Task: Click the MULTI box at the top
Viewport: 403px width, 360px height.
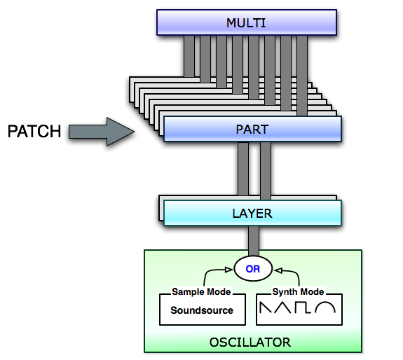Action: click(x=247, y=22)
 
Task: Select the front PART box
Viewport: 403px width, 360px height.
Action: click(x=252, y=129)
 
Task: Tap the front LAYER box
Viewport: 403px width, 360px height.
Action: click(x=252, y=213)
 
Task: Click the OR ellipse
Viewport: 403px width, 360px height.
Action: click(x=253, y=269)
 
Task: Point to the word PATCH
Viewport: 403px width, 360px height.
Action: click(x=34, y=131)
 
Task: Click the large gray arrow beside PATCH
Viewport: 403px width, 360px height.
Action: click(x=101, y=132)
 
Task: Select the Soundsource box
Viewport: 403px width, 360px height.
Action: click(x=203, y=310)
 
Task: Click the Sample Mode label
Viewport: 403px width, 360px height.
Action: click(x=201, y=291)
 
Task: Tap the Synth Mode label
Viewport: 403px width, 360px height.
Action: click(x=298, y=291)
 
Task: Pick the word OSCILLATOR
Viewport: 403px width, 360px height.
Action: click(x=250, y=342)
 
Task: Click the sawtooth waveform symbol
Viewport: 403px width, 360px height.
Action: click(x=266, y=307)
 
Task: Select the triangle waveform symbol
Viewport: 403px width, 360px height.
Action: click(x=282, y=307)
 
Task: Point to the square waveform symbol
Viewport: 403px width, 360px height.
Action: click(x=303, y=307)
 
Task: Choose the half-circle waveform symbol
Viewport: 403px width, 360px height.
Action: click(x=325, y=303)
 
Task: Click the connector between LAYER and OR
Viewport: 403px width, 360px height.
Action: click(x=254, y=241)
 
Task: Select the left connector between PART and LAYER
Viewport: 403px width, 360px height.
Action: click(x=243, y=169)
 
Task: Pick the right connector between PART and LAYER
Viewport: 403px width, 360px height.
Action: click(x=266, y=171)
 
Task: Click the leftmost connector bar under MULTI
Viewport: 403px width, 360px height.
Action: click(x=189, y=56)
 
